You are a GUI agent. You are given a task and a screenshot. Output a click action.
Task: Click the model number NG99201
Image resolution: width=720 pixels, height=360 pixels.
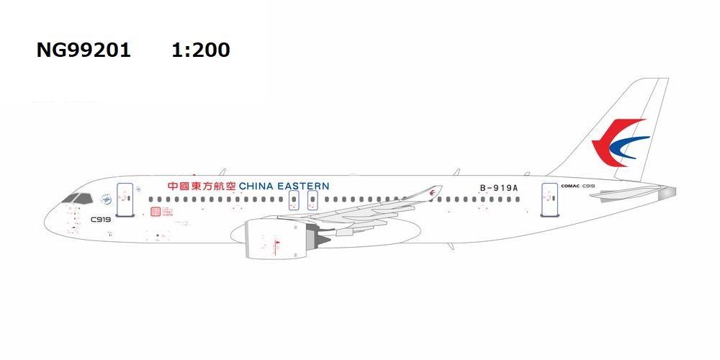pos(84,50)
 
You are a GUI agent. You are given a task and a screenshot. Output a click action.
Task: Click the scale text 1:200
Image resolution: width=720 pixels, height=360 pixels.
pos(201,50)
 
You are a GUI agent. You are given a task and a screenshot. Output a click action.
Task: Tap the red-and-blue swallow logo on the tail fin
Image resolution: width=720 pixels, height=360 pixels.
pos(617,144)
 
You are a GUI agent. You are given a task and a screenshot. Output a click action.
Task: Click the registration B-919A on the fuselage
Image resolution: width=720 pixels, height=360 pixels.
pos(499,188)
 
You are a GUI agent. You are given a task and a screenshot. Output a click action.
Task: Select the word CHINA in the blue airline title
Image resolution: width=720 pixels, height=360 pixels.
pos(258,186)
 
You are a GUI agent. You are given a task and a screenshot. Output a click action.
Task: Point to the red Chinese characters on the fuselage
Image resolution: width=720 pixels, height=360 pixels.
pos(201,186)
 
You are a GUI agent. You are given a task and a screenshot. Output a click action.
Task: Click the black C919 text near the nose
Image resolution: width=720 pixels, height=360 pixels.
pos(101,219)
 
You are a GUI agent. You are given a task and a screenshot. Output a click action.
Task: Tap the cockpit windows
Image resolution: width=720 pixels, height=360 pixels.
pos(77,198)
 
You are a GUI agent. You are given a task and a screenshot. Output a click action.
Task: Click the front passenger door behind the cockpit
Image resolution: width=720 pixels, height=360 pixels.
pos(125,199)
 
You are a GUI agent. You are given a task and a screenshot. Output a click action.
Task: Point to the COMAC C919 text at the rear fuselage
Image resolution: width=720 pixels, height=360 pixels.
pos(577,186)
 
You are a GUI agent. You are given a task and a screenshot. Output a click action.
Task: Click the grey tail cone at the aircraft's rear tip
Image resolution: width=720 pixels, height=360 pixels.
pos(669,192)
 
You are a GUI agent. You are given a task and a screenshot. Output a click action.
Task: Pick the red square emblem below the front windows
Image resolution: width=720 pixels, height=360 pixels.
pos(155,212)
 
